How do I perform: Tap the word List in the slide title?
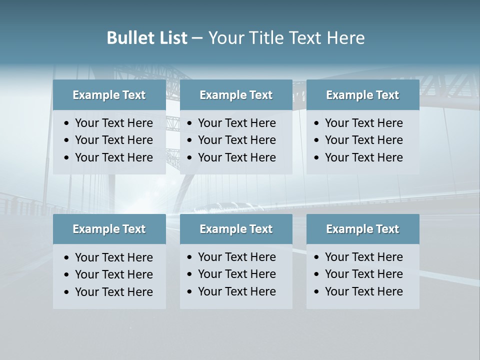tap(172, 38)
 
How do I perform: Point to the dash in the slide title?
tap(197, 38)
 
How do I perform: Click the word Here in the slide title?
tap(345, 38)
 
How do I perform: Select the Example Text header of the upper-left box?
tap(109, 95)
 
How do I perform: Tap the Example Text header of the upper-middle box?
tap(236, 95)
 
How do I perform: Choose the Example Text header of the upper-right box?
tap(362, 95)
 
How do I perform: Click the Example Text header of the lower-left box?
tap(109, 229)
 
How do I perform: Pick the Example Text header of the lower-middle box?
tap(236, 229)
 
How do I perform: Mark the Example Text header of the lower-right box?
tap(362, 229)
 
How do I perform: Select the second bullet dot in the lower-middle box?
tap(190, 274)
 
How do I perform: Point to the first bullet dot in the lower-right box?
tap(317, 257)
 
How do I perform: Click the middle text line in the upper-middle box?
tap(236, 140)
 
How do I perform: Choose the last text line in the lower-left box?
tap(113, 292)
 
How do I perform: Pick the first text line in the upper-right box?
tap(363, 123)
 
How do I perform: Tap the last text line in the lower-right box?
tap(363, 291)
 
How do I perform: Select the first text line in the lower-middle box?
tap(236, 257)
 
